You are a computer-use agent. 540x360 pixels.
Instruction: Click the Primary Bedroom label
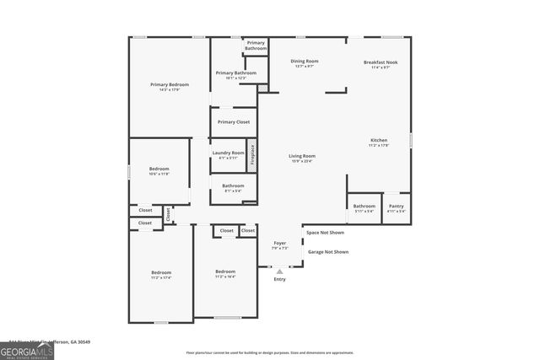tap(170, 84)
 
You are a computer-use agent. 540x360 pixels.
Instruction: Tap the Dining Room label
tap(305, 61)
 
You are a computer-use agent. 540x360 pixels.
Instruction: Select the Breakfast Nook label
tap(381, 62)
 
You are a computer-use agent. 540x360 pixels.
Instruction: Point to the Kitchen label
tap(379, 140)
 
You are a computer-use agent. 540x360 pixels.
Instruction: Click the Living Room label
tap(302, 156)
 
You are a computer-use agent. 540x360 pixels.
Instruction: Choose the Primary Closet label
tap(233, 121)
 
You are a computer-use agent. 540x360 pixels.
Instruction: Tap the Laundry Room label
tap(228, 153)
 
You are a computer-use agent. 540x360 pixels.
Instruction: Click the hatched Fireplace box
tap(251, 156)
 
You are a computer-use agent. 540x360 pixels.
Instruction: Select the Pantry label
tap(396, 206)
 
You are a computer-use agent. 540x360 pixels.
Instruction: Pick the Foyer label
tap(280, 243)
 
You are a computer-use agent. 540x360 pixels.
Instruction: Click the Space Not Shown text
tap(325, 233)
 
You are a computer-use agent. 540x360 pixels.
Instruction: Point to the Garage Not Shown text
tap(327, 251)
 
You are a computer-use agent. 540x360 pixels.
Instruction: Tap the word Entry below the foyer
tap(279, 279)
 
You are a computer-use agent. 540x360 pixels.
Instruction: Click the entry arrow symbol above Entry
tap(279, 271)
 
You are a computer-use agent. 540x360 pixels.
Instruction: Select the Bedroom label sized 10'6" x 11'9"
tap(159, 169)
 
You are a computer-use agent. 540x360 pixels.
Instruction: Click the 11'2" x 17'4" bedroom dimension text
tap(160, 277)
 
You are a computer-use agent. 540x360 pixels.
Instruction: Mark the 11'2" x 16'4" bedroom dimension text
tap(225, 276)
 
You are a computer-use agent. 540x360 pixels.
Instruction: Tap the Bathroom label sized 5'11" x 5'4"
tap(364, 211)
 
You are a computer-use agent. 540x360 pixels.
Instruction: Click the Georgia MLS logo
tap(27, 350)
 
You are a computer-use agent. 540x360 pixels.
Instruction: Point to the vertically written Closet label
tap(168, 214)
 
